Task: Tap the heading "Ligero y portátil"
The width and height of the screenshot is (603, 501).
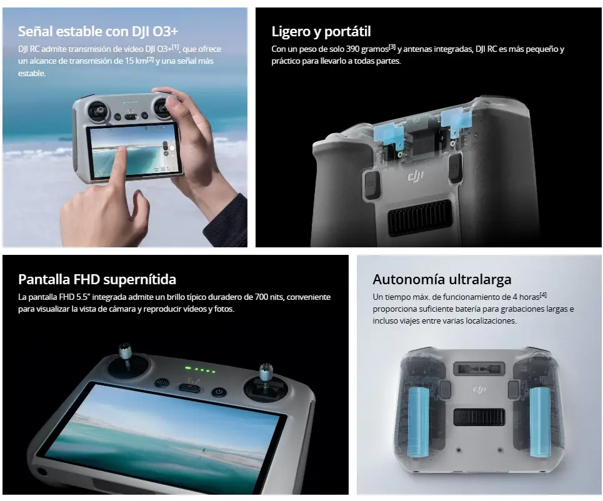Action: [x=321, y=31]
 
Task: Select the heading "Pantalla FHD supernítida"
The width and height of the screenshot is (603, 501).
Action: [x=97, y=279]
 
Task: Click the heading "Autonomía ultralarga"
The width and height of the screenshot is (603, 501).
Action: [x=442, y=279]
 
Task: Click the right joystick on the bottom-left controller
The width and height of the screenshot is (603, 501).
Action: [x=265, y=381]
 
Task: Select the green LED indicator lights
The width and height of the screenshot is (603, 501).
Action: [x=200, y=370]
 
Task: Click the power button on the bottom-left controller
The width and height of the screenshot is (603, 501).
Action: [x=218, y=392]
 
